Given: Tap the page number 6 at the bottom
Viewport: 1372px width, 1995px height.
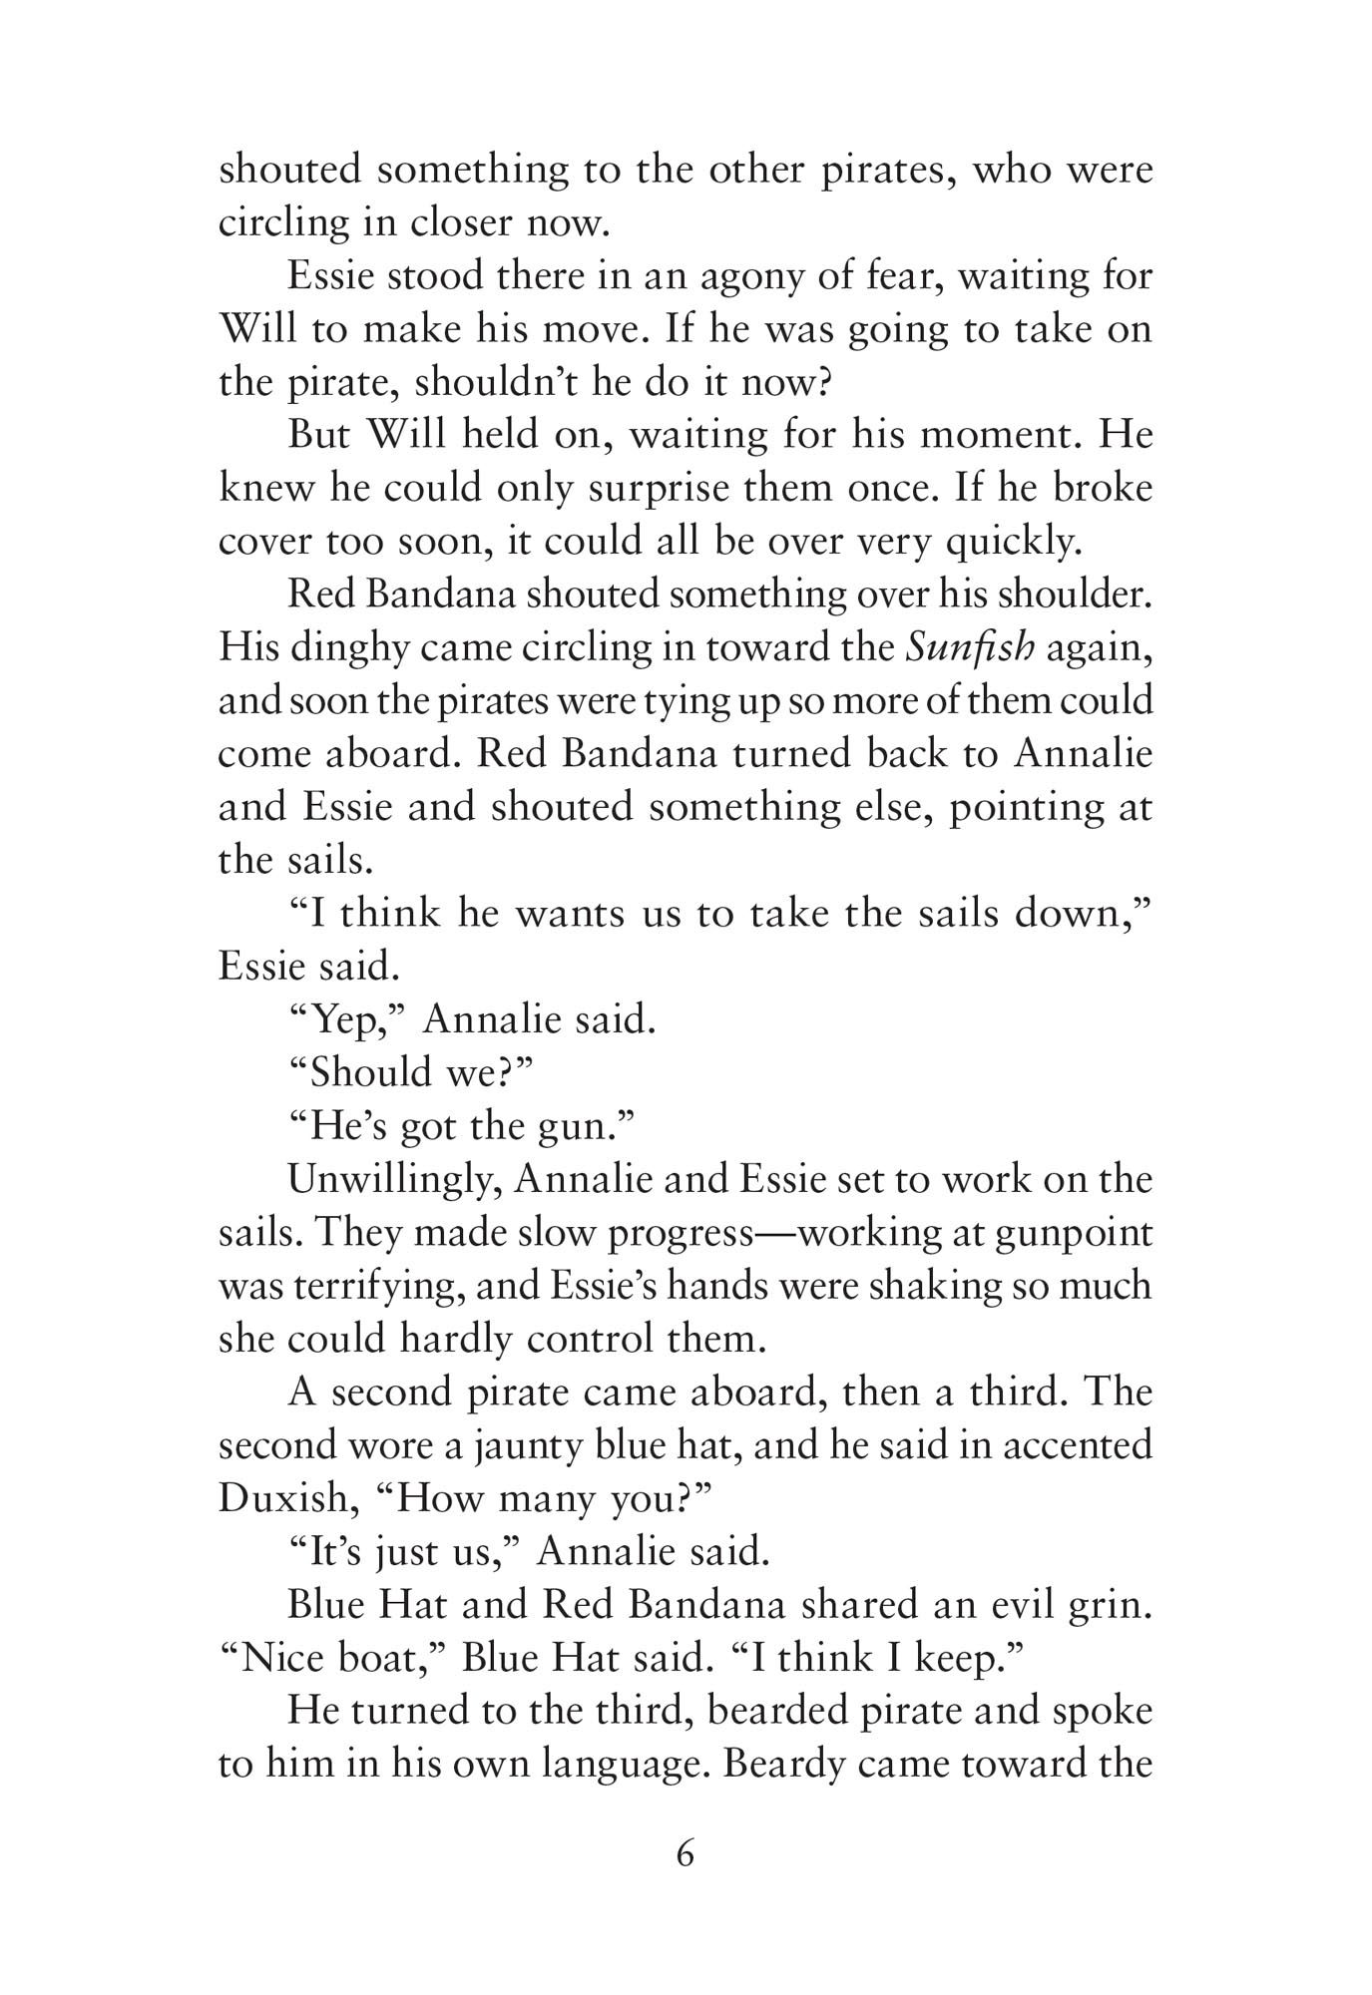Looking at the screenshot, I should pos(685,1854).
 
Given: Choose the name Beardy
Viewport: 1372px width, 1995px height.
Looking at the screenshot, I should pos(783,1765).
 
